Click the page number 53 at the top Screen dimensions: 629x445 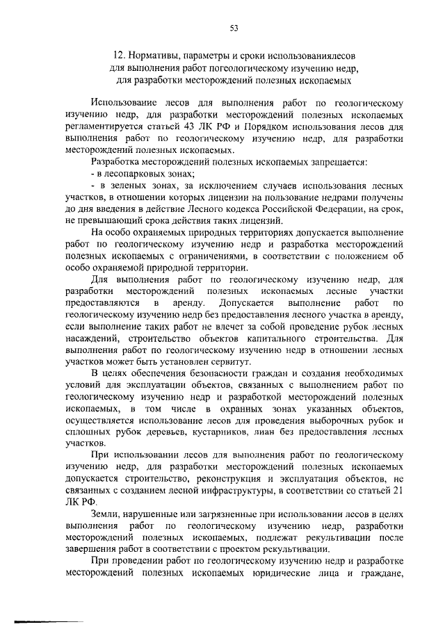coord(234,28)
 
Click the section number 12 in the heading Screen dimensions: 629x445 coord(120,56)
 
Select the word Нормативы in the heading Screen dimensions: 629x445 coord(157,56)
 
